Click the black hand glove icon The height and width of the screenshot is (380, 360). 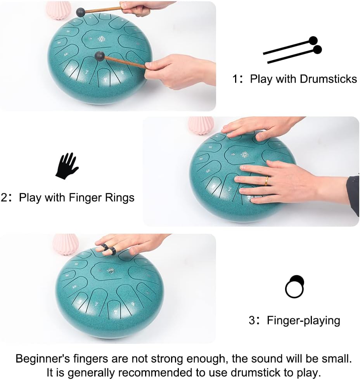coord(67,166)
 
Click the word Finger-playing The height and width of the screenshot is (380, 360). coord(303,320)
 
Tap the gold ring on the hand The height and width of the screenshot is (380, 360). coord(267,180)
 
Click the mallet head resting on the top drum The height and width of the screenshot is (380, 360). coord(100,56)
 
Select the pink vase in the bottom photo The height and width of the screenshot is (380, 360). coord(65,243)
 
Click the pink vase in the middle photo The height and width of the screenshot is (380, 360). coord(201,125)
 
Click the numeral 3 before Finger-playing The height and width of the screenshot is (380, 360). coord(252,321)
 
